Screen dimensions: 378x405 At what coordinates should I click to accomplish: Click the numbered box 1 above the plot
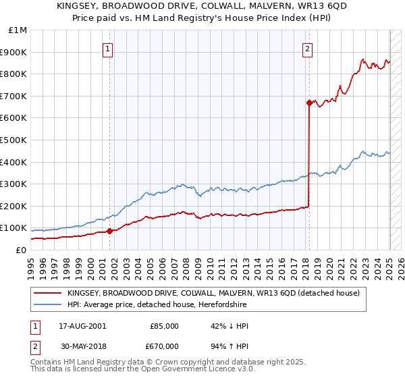(x=109, y=48)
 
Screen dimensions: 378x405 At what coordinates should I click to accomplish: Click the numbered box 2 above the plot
(x=307, y=48)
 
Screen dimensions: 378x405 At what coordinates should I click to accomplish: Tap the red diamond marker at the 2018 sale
(x=309, y=103)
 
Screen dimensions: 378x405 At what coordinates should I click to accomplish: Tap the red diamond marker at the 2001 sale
(x=109, y=231)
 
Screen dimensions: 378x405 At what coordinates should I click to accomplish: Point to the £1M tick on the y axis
(x=18, y=30)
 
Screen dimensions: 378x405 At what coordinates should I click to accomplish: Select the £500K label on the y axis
(x=13, y=140)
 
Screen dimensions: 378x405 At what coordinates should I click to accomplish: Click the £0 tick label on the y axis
(x=22, y=250)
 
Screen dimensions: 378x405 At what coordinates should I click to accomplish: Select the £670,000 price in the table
(x=164, y=346)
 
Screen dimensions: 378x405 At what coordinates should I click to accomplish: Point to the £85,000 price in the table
(x=164, y=326)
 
